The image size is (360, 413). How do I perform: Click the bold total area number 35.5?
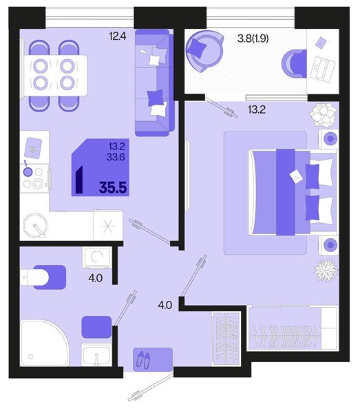tap(113, 187)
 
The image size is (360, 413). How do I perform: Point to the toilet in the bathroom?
tap(43, 276)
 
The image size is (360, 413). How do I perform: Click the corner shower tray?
tap(43, 342)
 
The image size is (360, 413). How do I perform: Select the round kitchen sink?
tap(34, 225)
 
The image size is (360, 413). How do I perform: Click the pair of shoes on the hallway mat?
tap(144, 358)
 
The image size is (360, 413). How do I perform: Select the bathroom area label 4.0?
tap(94, 280)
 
